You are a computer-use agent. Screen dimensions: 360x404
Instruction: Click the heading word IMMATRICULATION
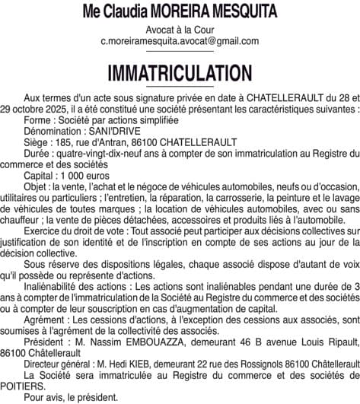(x=180, y=73)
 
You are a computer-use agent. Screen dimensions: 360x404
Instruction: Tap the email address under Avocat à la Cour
(x=180, y=41)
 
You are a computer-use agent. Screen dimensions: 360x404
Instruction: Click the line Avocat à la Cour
(x=180, y=30)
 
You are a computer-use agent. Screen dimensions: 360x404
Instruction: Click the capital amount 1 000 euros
(x=84, y=173)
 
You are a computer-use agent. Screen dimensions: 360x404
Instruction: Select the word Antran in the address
(x=126, y=142)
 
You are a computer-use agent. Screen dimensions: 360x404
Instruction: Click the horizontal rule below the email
(x=180, y=51)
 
